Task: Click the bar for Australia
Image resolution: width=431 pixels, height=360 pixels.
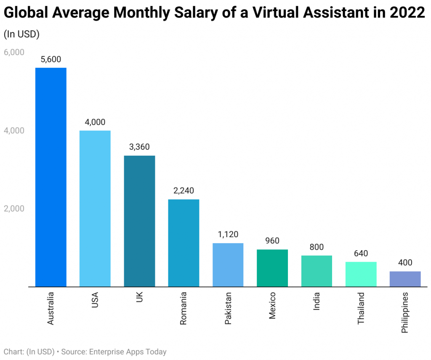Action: pos(51,177)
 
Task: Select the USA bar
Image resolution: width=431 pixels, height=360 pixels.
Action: pos(95,208)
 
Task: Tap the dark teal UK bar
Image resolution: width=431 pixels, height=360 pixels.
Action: pos(139,221)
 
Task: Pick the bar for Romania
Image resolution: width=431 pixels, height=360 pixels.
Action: pos(184,243)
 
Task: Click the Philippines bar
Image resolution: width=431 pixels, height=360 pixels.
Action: pos(405,279)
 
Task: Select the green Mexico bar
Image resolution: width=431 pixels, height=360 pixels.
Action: pos(272,268)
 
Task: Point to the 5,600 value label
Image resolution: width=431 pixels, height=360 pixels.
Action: pos(51,60)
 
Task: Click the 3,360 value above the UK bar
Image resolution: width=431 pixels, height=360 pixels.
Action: pos(139,147)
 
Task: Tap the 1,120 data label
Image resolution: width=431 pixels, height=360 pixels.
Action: pos(228,235)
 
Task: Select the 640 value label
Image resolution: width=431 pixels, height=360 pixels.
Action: pos(361,254)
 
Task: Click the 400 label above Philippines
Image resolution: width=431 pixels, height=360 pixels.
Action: pos(405,263)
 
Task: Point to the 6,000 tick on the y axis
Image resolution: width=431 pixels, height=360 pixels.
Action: pos(14,53)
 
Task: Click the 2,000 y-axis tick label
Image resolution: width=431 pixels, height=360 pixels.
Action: pos(14,209)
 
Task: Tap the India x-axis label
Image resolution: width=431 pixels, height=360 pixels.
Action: pos(317,302)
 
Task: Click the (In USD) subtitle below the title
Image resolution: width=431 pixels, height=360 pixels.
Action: pos(21,34)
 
